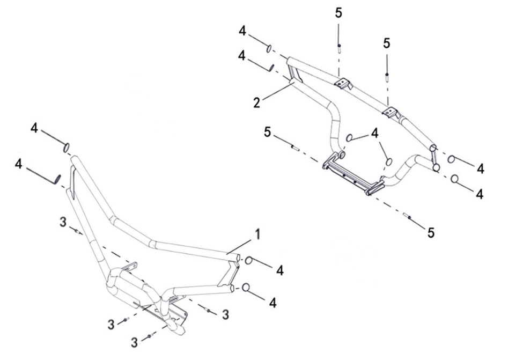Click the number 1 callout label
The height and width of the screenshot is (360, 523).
click(x=258, y=234)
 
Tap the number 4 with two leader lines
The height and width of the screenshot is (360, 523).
click(x=374, y=132)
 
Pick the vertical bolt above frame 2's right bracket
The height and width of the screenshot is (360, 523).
click(x=387, y=75)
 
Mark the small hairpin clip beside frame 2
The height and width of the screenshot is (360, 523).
click(x=271, y=67)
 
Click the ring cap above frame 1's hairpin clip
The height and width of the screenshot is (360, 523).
click(x=67, y=147)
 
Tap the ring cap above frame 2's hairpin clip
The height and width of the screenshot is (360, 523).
click(x=268, y=49)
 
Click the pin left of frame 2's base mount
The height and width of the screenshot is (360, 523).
click(x=294, y=148)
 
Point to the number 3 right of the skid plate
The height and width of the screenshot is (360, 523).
click(x=225, y=314)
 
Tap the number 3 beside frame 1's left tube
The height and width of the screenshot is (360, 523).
click(x=63, y=222)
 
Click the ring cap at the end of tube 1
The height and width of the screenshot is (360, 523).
click(x=249, y=261)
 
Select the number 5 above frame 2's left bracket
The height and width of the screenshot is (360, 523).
click(x=338, y=13)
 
